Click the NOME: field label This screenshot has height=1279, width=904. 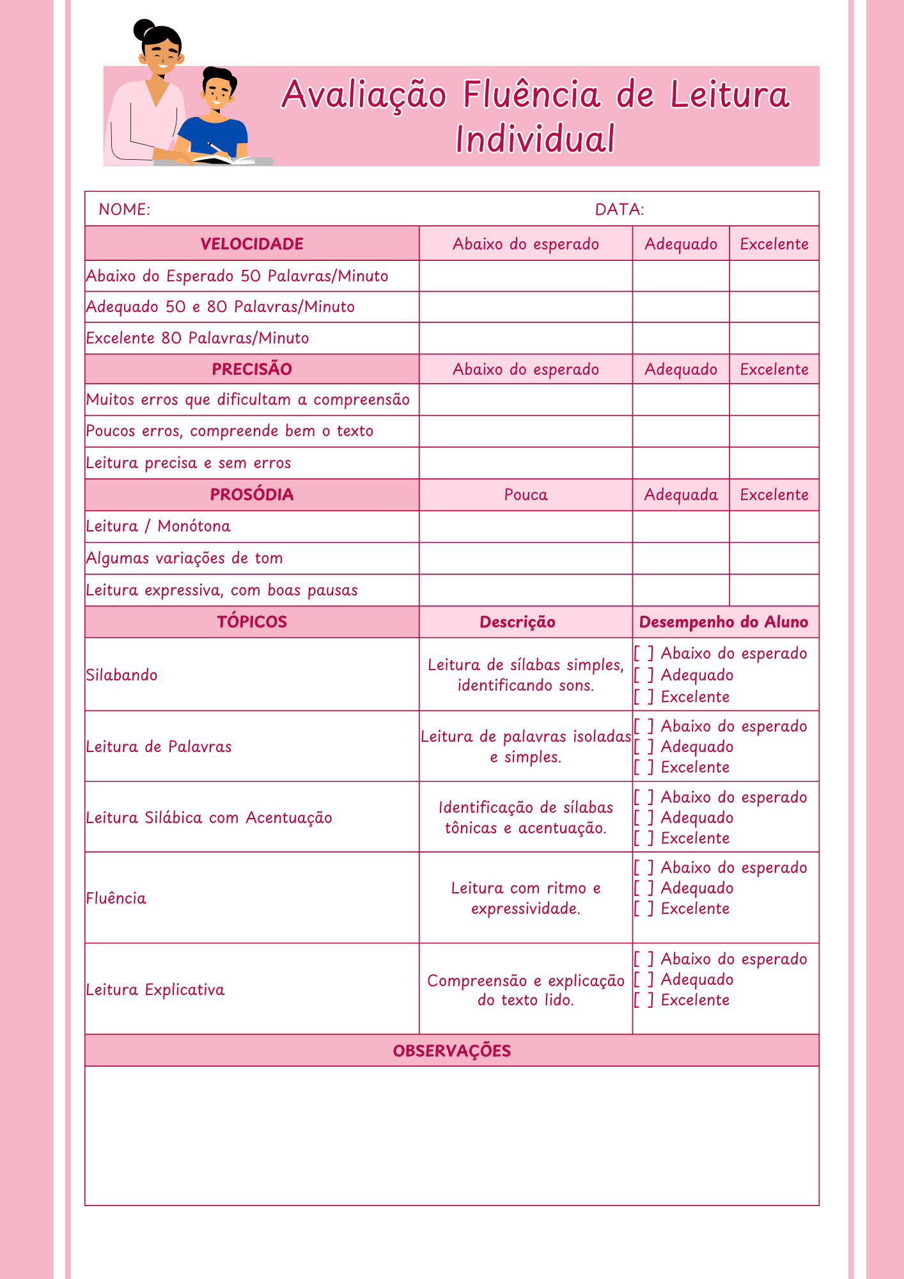point(125,210)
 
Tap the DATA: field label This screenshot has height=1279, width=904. point(619,210)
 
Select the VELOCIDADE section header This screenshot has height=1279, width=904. point(252,244)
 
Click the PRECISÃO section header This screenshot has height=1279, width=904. point(252,369)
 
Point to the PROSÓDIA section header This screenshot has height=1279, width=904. point(252,494)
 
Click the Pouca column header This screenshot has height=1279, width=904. point(526,494)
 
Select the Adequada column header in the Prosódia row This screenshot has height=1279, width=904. point(681,494)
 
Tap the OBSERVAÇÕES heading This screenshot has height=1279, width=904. point(452,1051)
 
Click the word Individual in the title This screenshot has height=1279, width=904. point(535,139)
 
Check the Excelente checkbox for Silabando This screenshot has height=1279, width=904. point(643,697)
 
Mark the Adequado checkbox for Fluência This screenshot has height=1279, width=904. point(643,888)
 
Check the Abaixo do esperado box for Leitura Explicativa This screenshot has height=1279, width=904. point(643,959)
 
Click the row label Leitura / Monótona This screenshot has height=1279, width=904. point(159,526)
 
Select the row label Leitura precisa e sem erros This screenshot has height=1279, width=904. point(189,463)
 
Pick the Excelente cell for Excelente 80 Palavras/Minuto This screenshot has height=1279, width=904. point(774,338)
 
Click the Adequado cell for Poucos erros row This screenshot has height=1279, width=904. point(681,431)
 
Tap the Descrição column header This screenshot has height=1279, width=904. point(517,622)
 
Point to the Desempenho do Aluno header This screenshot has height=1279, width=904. point(724,622)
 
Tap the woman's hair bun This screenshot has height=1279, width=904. point(143,27)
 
